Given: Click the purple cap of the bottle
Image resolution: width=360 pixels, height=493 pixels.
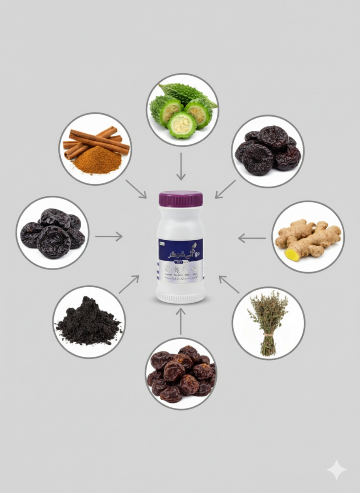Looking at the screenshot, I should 180,199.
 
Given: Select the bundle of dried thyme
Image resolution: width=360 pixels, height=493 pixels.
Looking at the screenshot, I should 268,321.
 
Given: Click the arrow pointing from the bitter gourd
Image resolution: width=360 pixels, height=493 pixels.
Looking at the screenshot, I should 181,167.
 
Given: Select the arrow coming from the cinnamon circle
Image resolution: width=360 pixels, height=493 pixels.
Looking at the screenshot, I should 136,189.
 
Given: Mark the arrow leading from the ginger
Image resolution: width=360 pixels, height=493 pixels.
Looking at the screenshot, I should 252,238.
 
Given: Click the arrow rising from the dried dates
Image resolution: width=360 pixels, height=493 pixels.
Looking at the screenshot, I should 181,321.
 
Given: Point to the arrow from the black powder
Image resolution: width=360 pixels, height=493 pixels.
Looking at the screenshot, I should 129,284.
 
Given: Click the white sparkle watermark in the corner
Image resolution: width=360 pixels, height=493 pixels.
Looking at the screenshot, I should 336,470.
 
